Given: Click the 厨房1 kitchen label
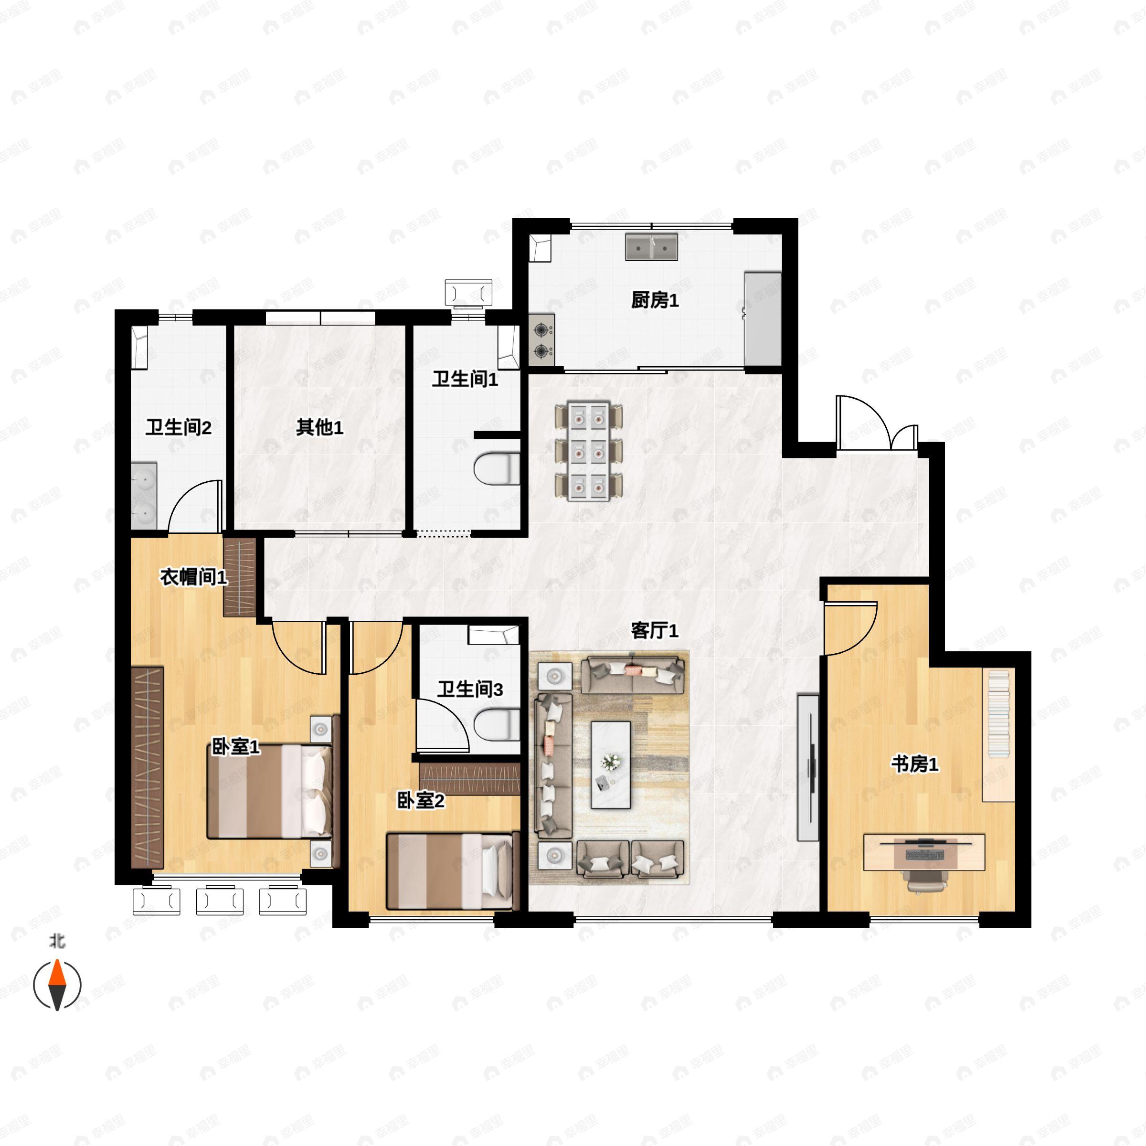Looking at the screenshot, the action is click(x=654, y=300).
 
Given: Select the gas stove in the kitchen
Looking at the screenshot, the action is click(x=541, y=340).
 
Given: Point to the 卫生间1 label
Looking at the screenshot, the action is click(x=465, y=379).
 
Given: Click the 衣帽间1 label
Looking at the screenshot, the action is click(x=193, y=577).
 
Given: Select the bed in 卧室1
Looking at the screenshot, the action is click(x=269, y=793).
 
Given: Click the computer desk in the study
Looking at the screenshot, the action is click(x=924, y=853).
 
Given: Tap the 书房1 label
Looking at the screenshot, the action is click(x=915, y=764).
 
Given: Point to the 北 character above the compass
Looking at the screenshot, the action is click(x=57, y=941).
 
